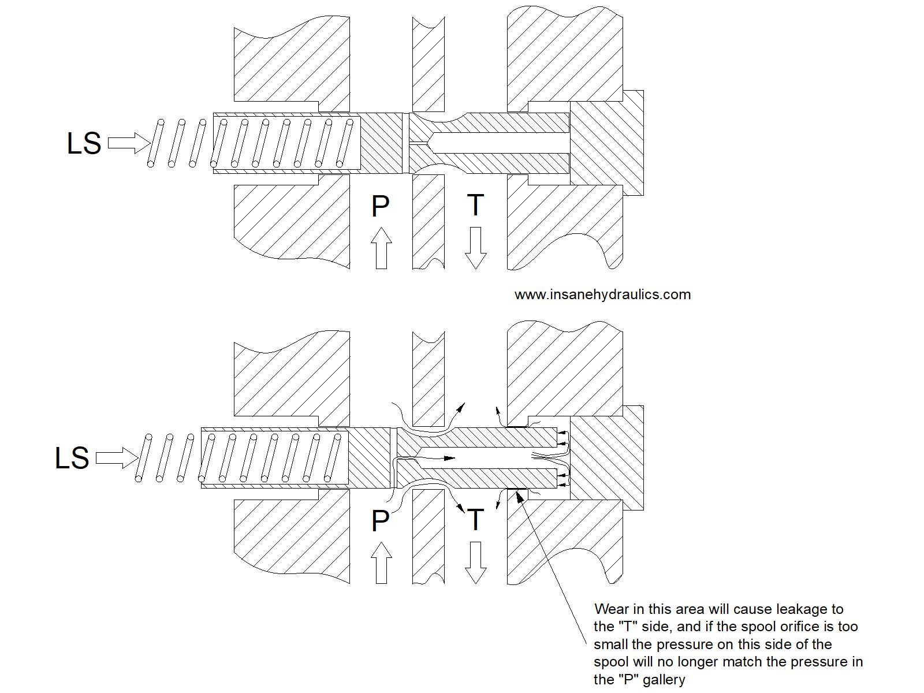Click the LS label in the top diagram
pyautogui.click(x=84, y=144)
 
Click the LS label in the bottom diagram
pyautogui.click(x=72, y=459)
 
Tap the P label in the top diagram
pyautogui.click(x=380, y=207)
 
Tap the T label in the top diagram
pyautogui.click(x=475, y=206)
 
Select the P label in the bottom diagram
pyautogui.click(x=380, y=521)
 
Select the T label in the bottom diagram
pyautogui.click(x=475, y=520)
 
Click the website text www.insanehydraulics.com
pyautogui.click(x=602, y=295)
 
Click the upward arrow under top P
pyautogui.click(x=381, y=248)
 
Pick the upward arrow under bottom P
pyautogui.click(x=381, y=563)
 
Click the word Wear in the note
pyautogui.click(x=612, y=609)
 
